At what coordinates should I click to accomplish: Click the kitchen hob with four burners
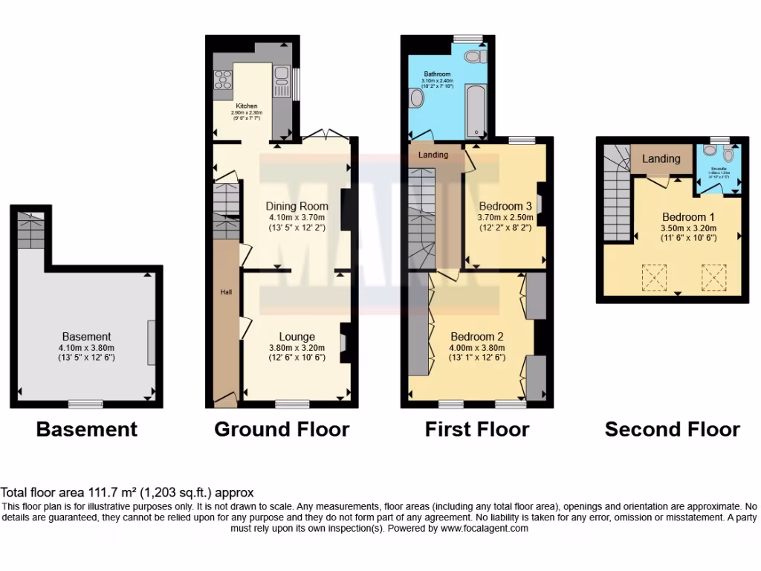click(222, 79)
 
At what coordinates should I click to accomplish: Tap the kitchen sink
click(282, 74)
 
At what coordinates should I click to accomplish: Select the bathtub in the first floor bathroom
click(474, 110)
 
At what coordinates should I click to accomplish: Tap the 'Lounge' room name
click(297, 337)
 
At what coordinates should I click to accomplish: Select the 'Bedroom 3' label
click(505, 206)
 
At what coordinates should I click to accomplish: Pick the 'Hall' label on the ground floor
click(226, 292)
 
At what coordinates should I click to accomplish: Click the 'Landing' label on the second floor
click(661, 158)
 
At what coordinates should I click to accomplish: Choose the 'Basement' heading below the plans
click(87, 429)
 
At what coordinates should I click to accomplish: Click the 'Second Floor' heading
click(672, 429)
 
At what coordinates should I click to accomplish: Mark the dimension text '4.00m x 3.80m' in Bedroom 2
click(477, 347)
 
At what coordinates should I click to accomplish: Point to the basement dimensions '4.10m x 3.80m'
click(87, 347)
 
